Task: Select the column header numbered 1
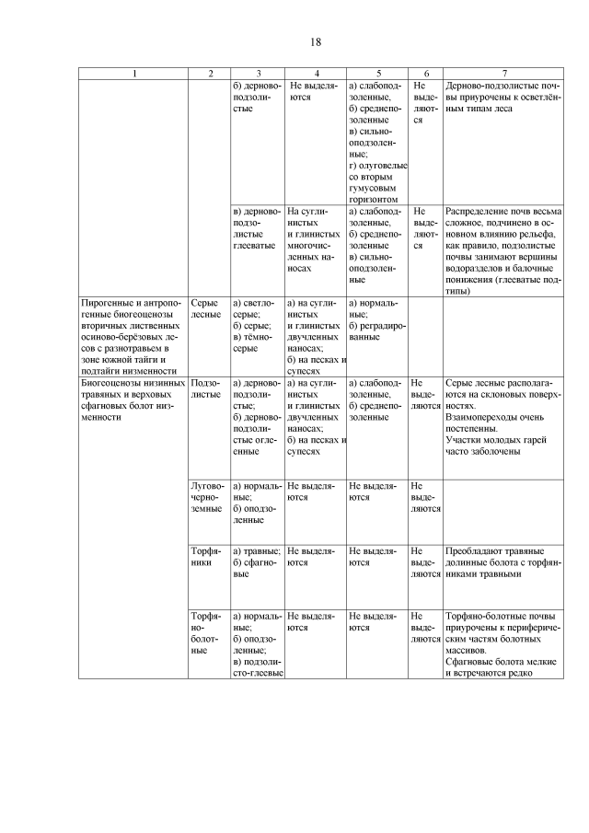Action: click(x=133, y=73)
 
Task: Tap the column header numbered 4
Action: click(x=315, y=73)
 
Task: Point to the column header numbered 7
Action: click(x=503, y=73)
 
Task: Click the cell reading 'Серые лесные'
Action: click(x=206, y=308)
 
